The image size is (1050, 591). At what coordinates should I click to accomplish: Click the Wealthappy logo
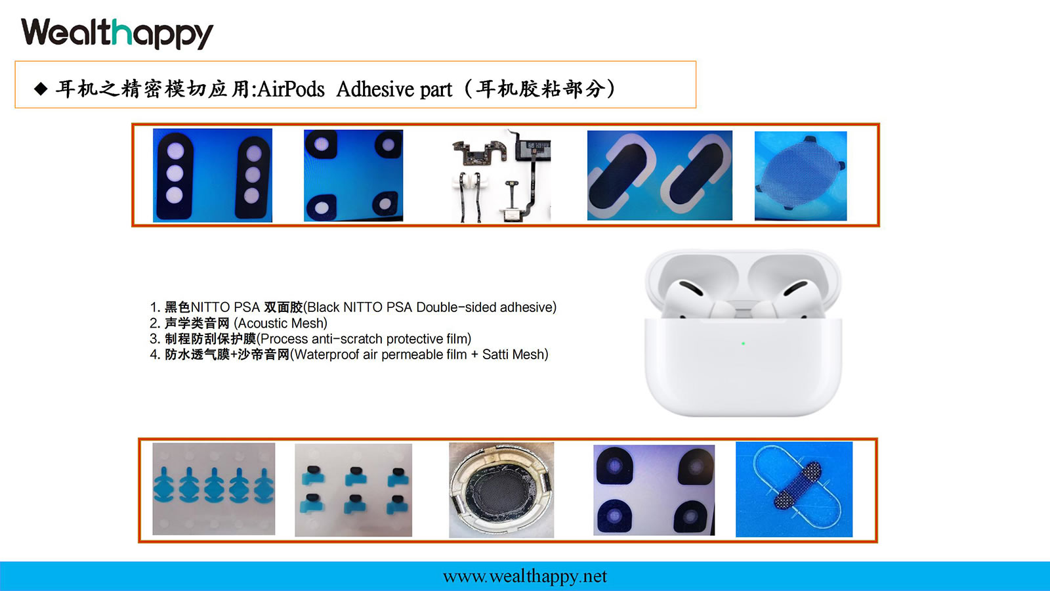coord(117,33)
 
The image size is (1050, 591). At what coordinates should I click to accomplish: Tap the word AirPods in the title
coord(291,89)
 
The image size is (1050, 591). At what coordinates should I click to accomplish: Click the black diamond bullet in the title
coord(41,89)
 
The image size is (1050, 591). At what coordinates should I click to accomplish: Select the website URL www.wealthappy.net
coord(524,577)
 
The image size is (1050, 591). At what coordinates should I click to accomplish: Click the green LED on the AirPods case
coord(743,344)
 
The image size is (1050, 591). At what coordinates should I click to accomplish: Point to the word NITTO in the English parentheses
coord(363,307)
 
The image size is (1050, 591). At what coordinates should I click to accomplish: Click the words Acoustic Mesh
coord(280,323)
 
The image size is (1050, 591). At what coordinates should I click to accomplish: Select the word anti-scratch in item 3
coord(347,339)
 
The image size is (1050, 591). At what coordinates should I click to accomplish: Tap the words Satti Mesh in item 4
coord(513,354)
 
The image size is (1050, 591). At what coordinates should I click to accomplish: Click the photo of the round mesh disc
coord(801,176)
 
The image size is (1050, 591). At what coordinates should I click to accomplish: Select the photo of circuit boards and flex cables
coord(501,175)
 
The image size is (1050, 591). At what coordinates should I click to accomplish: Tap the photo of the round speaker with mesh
coord(501,490)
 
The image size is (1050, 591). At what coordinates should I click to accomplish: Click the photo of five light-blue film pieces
coord(214,489)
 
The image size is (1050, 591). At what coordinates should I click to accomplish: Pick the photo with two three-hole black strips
coord(213,175)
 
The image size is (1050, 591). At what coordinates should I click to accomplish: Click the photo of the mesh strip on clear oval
coord(794,489)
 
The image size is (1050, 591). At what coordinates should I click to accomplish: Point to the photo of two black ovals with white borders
coord(660,175)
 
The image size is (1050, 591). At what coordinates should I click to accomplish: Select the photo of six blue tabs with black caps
coord(354,490)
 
